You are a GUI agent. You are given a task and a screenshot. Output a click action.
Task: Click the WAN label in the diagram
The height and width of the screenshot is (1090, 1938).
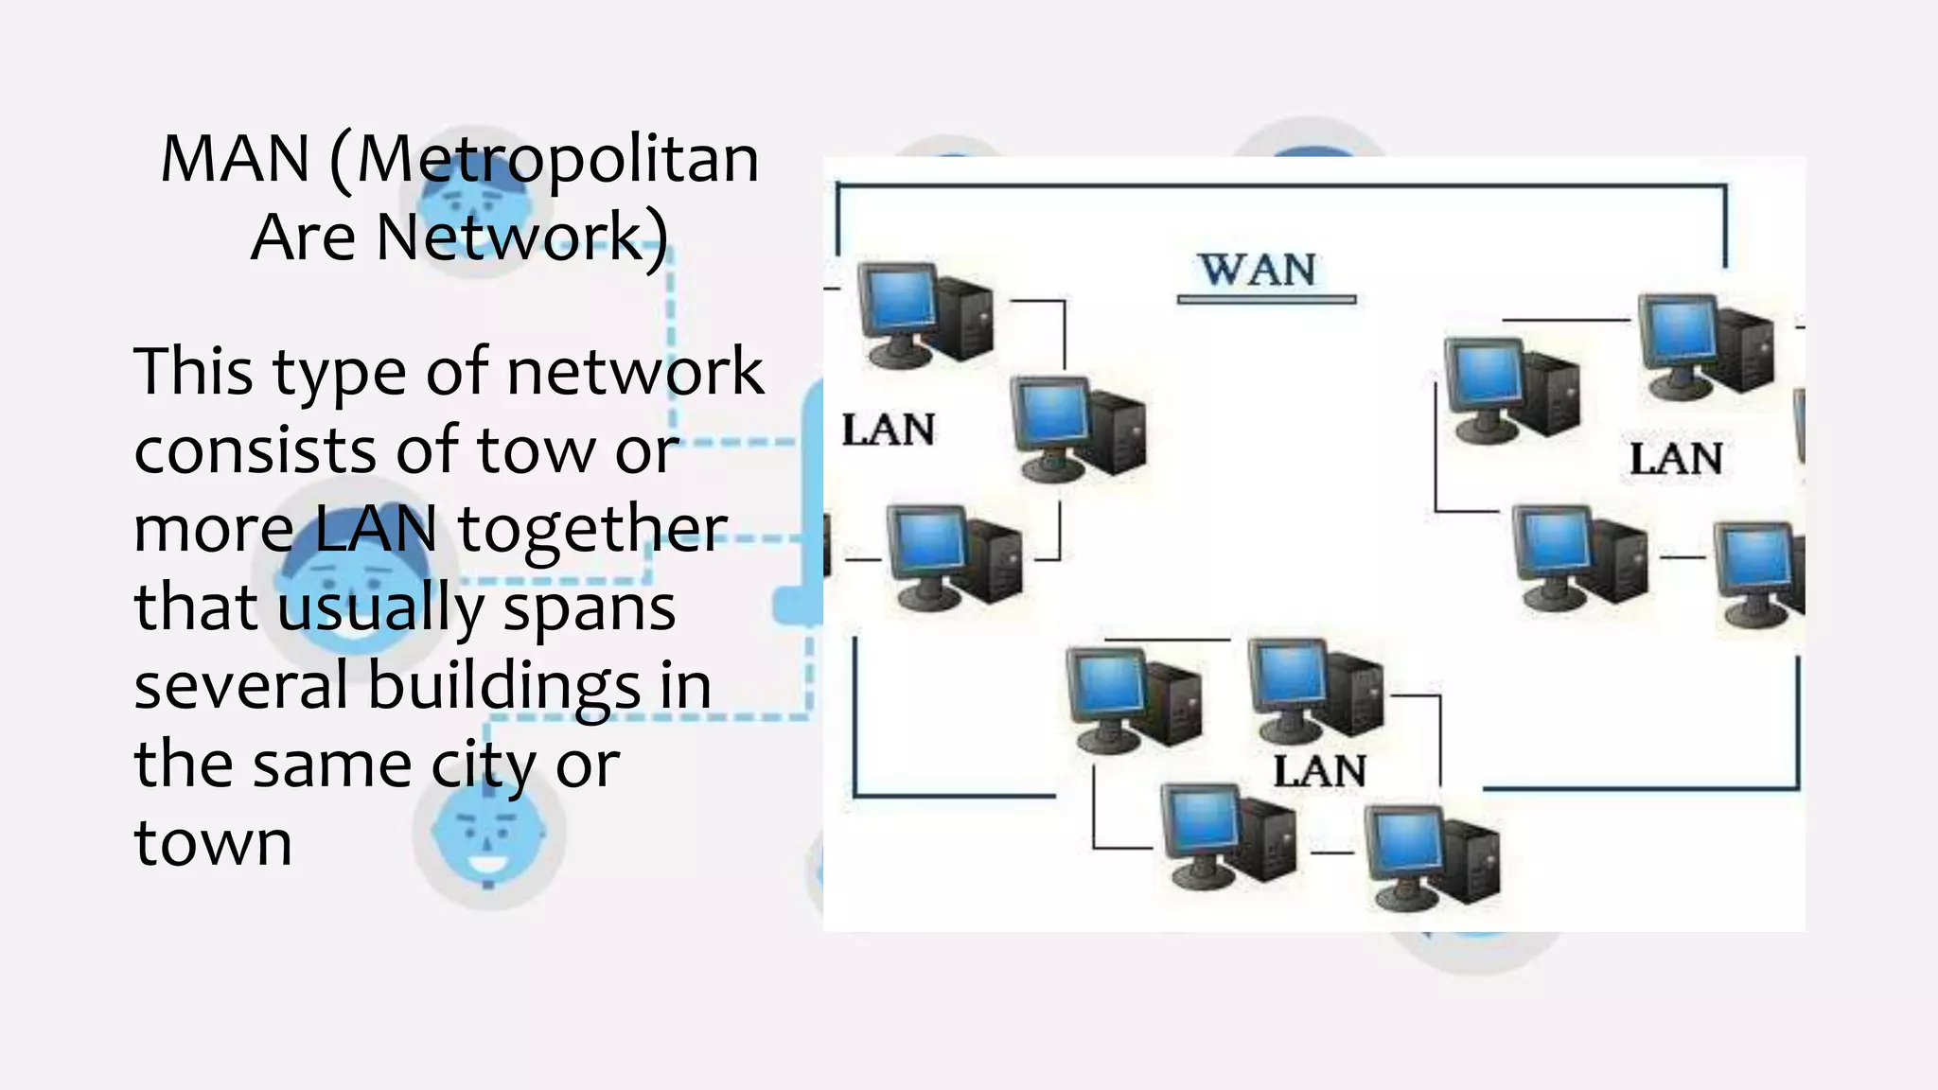click(1258, 271)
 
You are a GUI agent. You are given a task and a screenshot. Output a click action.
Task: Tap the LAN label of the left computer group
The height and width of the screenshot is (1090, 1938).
click(888, 431)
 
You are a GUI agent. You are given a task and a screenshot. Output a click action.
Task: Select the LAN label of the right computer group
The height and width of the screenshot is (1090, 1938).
click(1675, 460)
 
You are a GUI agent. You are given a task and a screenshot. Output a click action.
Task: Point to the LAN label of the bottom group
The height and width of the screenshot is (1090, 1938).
click(1319, 772)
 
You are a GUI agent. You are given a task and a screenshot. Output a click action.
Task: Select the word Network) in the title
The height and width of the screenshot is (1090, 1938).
click(522, 237)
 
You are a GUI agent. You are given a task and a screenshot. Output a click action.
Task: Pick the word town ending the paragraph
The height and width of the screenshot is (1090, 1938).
click(213, 843)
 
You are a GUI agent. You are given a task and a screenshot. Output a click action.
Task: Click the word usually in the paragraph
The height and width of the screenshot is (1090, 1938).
click(380, 607)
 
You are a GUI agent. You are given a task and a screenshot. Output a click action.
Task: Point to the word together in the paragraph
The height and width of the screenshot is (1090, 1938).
click(592, 530)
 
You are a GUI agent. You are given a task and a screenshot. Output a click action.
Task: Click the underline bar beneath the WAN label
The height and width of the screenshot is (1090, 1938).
click(1266, 300)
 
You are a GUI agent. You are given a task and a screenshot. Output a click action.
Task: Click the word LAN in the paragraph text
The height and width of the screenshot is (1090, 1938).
click(375, 529)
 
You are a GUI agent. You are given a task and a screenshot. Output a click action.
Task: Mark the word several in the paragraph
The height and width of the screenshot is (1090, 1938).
click(241, 686)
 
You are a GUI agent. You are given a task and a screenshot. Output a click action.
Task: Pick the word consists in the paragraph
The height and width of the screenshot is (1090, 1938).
click(255, 450)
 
